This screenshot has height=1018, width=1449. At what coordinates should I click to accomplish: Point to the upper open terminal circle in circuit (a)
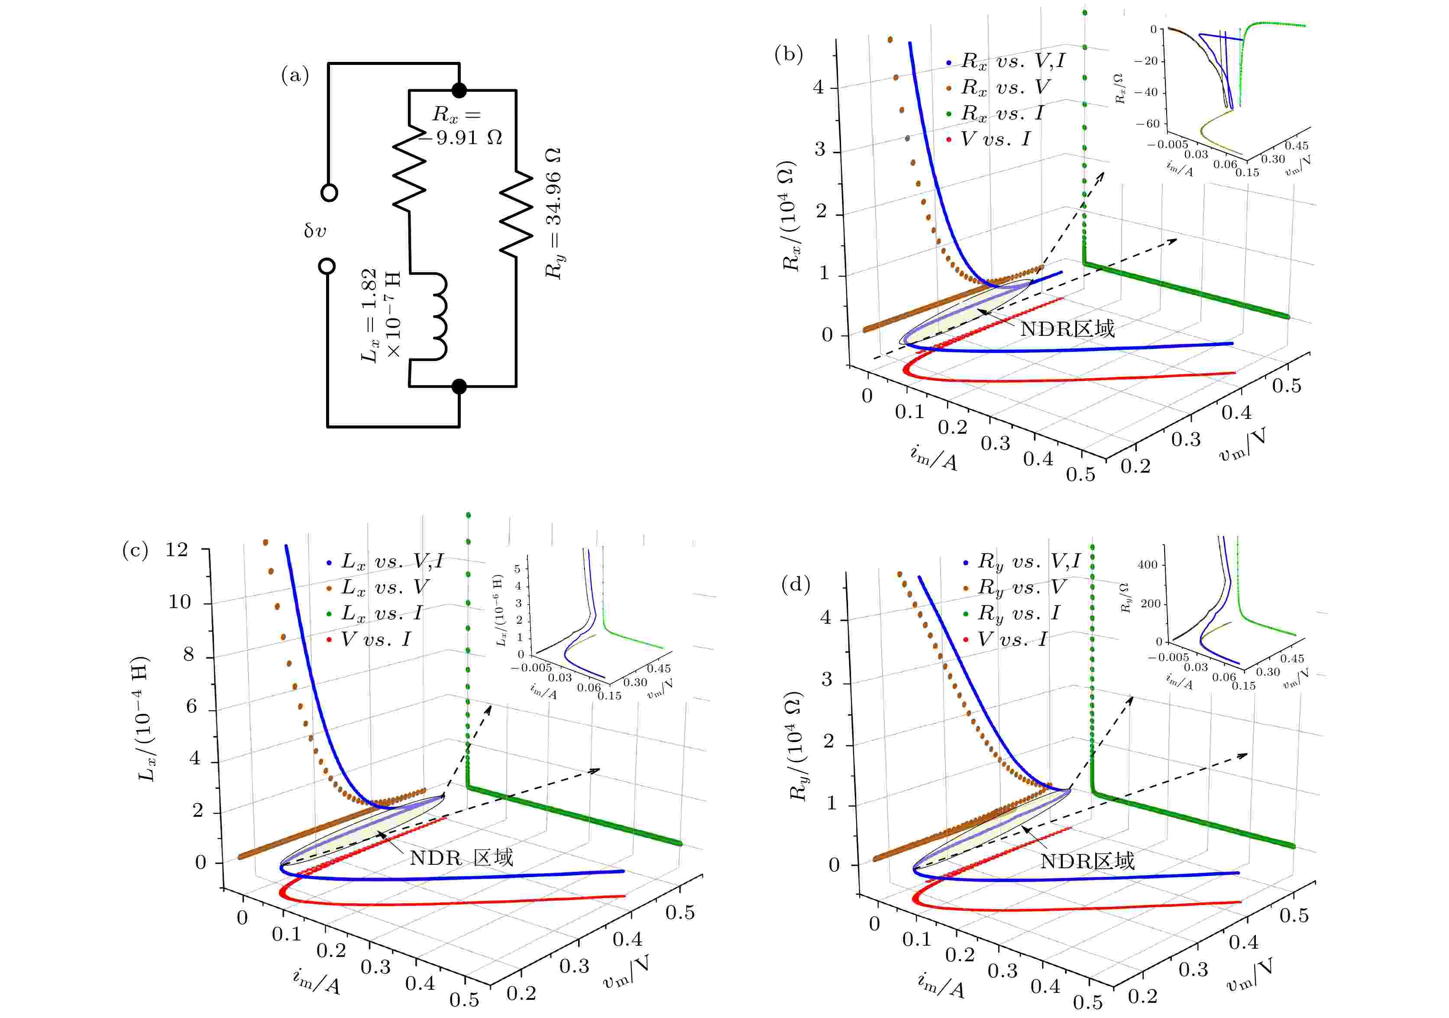click(329, 192)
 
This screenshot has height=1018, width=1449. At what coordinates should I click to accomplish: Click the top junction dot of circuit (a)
click(459, 90)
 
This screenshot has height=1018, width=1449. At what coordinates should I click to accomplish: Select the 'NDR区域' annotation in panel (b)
click(1067, 329)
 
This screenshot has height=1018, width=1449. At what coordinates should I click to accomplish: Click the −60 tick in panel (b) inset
click(1152, 124)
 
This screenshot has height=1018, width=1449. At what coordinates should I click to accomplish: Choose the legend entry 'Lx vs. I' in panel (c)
click(381, 613)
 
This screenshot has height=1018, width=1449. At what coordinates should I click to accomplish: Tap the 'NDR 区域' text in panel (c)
click(461, 858)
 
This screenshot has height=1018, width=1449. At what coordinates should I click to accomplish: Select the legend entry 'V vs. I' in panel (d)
click(1012, 640)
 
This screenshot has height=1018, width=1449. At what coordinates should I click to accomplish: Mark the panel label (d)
click(795, 585)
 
